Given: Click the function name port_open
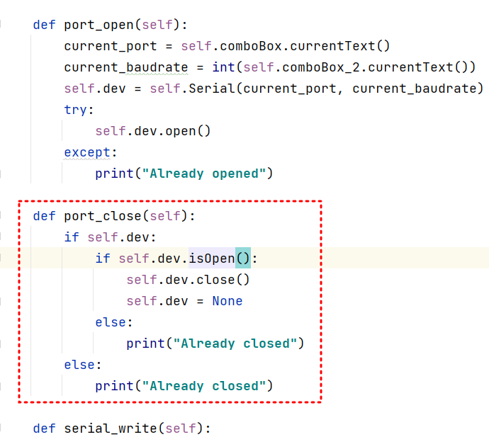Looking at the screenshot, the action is (99, 25).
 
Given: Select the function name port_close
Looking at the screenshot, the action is (102, 216).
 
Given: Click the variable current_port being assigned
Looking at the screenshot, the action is (106, 46).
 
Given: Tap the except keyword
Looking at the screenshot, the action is (87, 152).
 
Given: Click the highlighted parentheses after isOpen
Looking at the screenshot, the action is (243, 259).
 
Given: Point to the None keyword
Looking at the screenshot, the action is (227, 301).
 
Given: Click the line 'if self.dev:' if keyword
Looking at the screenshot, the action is (72, 237).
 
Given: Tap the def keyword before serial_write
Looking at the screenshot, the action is (45, 429).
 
